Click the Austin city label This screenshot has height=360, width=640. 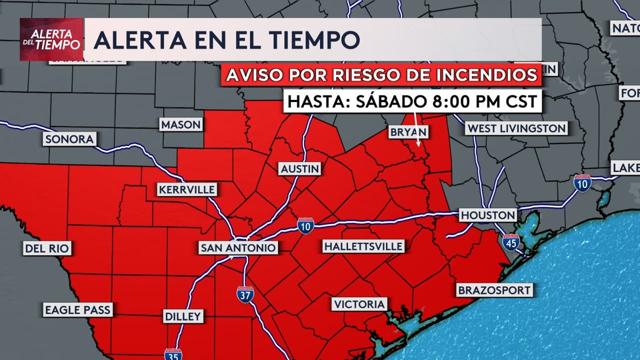pyautogui.click(x=299, y=169)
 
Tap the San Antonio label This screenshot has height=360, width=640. pyautogui.click(x=237, y=247)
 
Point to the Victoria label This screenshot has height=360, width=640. pyautogui.click(x=359, y=304)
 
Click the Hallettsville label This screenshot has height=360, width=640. pyautogui.click(x=363, y=246)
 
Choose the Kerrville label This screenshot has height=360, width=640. pyautogui.click(x=187, y=190)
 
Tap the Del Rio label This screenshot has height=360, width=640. pyautogui.click(x=47, y=248)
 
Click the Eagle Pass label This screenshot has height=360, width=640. pyautogui.click(x=77, y=310)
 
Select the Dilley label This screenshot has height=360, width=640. pyautogui.click(x=183, y=316)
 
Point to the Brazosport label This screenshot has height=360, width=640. pyautogui.click(x=493, y=290)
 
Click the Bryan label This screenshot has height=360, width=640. pyautogui.click(x=409, y=132)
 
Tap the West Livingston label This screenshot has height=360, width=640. pyautogui.click(x=516, y=128)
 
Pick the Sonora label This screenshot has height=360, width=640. pyautogui.click(x=69, y=139)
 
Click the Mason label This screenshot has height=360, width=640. pyautogui.click(x=181, y=124)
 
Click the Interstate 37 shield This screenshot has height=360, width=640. pyautogui.click(x=245, y=294)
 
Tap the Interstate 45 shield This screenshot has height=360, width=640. pyautogui.click(x=510, y=242)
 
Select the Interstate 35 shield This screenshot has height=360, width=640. pyautogui.click(x=173, y=354)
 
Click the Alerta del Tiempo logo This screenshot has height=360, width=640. pyautogui.click(x=51, y=39)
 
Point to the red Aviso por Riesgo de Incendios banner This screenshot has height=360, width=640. pyautogui.click(x=381, y=75)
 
